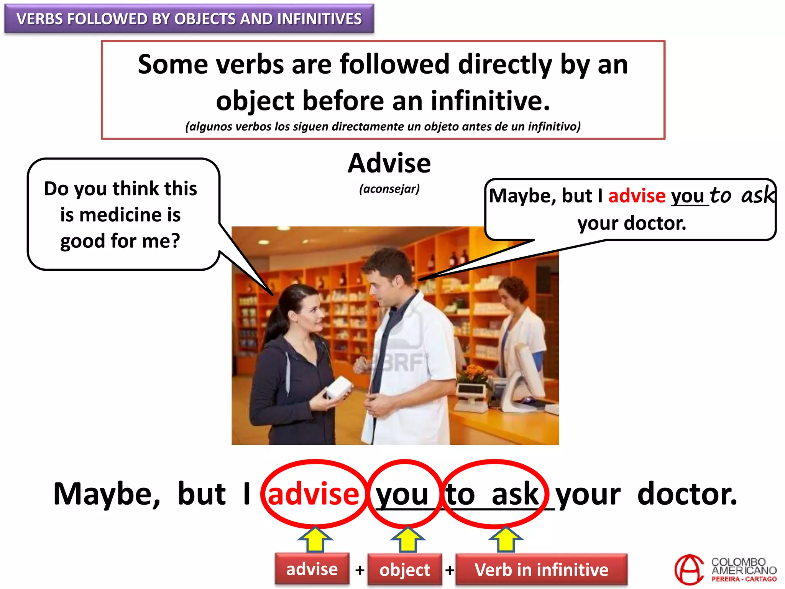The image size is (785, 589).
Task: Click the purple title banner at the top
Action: (x=189, y=19)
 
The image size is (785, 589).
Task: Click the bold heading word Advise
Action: (x=389, y=163)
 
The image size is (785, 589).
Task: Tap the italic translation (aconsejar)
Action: (x=389, y=189)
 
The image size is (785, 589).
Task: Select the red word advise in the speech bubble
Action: (x=637, y=196)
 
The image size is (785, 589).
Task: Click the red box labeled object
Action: (x=404, y=570)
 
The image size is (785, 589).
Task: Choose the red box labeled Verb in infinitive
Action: (x=541, y=570)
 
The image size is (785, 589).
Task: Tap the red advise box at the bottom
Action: (x=312, y=569)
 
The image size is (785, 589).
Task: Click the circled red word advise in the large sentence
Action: (x=313, y=494)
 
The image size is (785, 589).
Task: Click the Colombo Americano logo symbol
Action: (x=689, y=570)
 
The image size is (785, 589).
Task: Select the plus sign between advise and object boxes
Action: (x=360, y=570)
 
